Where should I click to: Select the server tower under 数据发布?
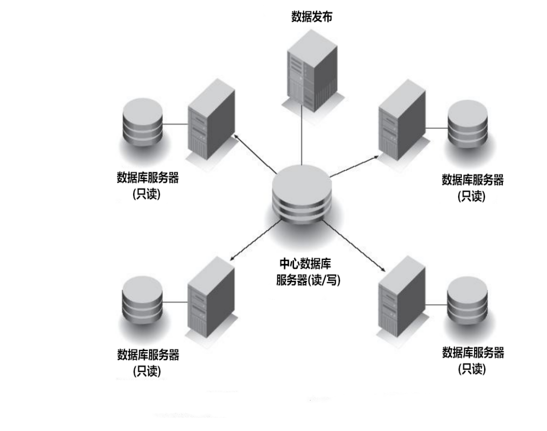coord(312,72)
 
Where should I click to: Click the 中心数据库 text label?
coord(306,264)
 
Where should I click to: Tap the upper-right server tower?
coord(402,122)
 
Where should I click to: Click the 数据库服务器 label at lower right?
coord(473,353)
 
